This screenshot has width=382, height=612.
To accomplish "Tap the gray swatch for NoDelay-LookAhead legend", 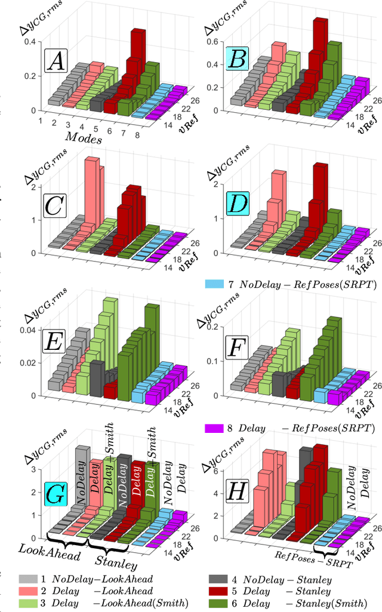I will tap(26, 579).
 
